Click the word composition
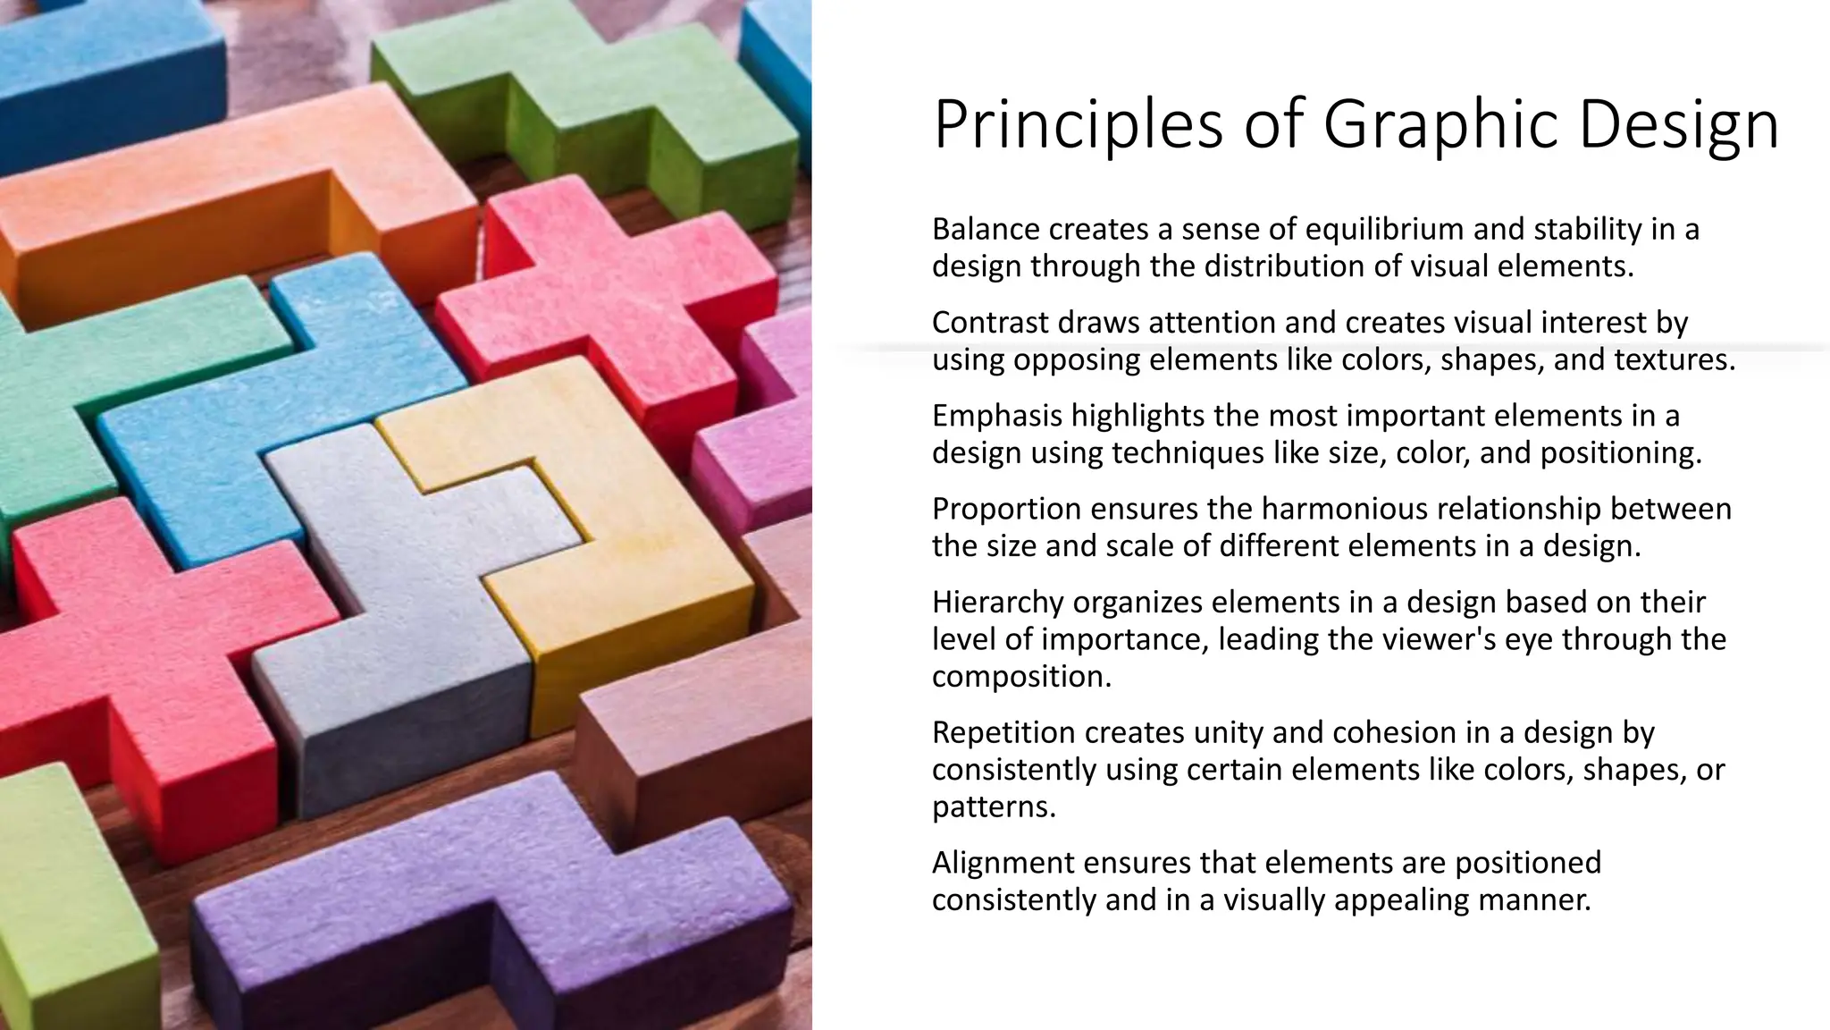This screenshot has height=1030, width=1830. (x=1020, y=677)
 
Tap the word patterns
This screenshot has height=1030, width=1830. (x=993, y=807)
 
